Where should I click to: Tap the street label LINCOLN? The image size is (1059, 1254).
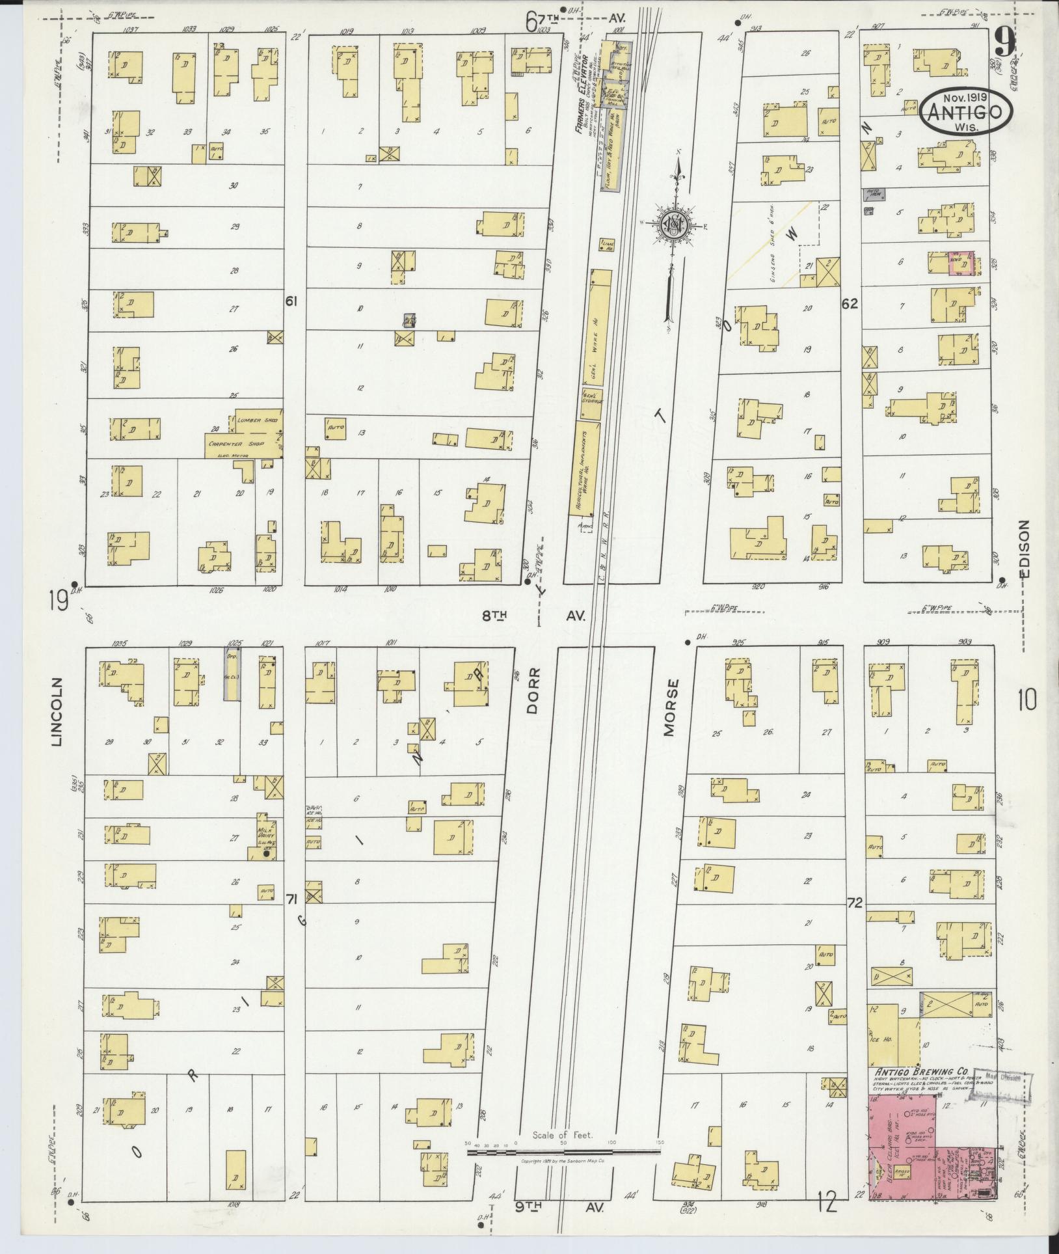(x=58, y=712)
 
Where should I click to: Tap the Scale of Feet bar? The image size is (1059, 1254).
(x=563, y=1151)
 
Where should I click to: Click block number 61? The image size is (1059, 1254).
(x=291, y=301)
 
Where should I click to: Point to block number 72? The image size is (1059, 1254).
(x=855, y=903)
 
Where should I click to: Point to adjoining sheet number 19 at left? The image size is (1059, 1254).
(x=58, y=602)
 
